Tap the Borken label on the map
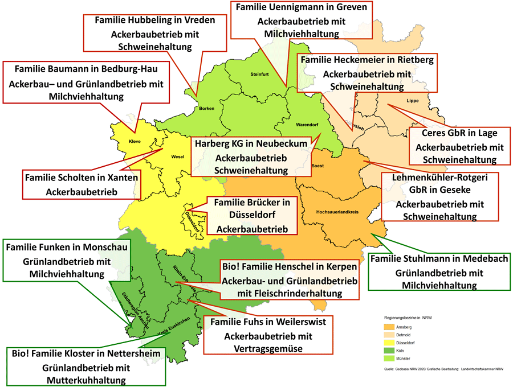pyautogui.click(x=206, y=108)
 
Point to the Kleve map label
pyautogui.click(x=135, y=141)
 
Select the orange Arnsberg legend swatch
pyautogui.click(x=389, y=327)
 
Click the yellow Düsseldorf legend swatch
pyautogui.click(x=389, y=343)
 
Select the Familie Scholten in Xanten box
pyautogui.click(x=82, y=184)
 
